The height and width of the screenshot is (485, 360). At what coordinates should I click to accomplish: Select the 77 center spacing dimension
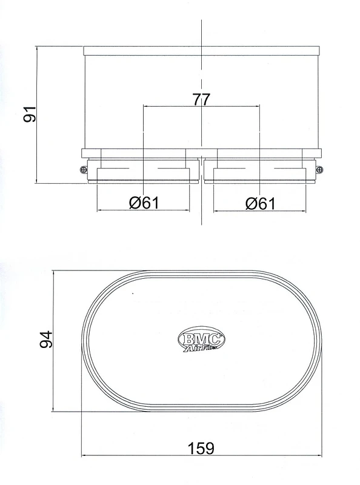(x=201, y=99)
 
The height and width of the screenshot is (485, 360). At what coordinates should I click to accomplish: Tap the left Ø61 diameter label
(x=144, y=203)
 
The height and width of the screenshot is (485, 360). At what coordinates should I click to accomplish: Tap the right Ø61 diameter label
(x=260, y=203)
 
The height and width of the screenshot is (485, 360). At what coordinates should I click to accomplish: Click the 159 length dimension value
(x=201, y=448)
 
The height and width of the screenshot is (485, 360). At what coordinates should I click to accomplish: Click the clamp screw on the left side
(x=82, y=170)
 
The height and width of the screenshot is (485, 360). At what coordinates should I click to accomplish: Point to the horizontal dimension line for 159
(x=152, y=457)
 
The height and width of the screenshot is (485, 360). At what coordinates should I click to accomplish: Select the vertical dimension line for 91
(x=38, y=152)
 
